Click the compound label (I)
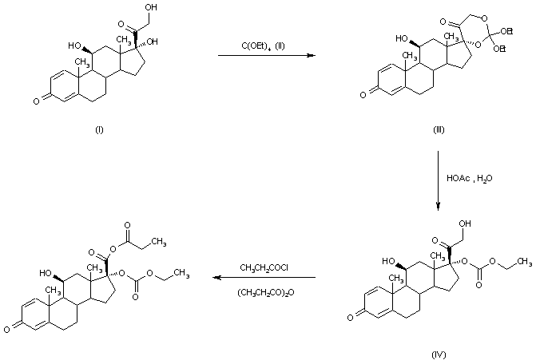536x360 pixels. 98,129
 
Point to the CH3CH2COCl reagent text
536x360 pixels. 263,267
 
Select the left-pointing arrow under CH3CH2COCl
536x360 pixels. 264,279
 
